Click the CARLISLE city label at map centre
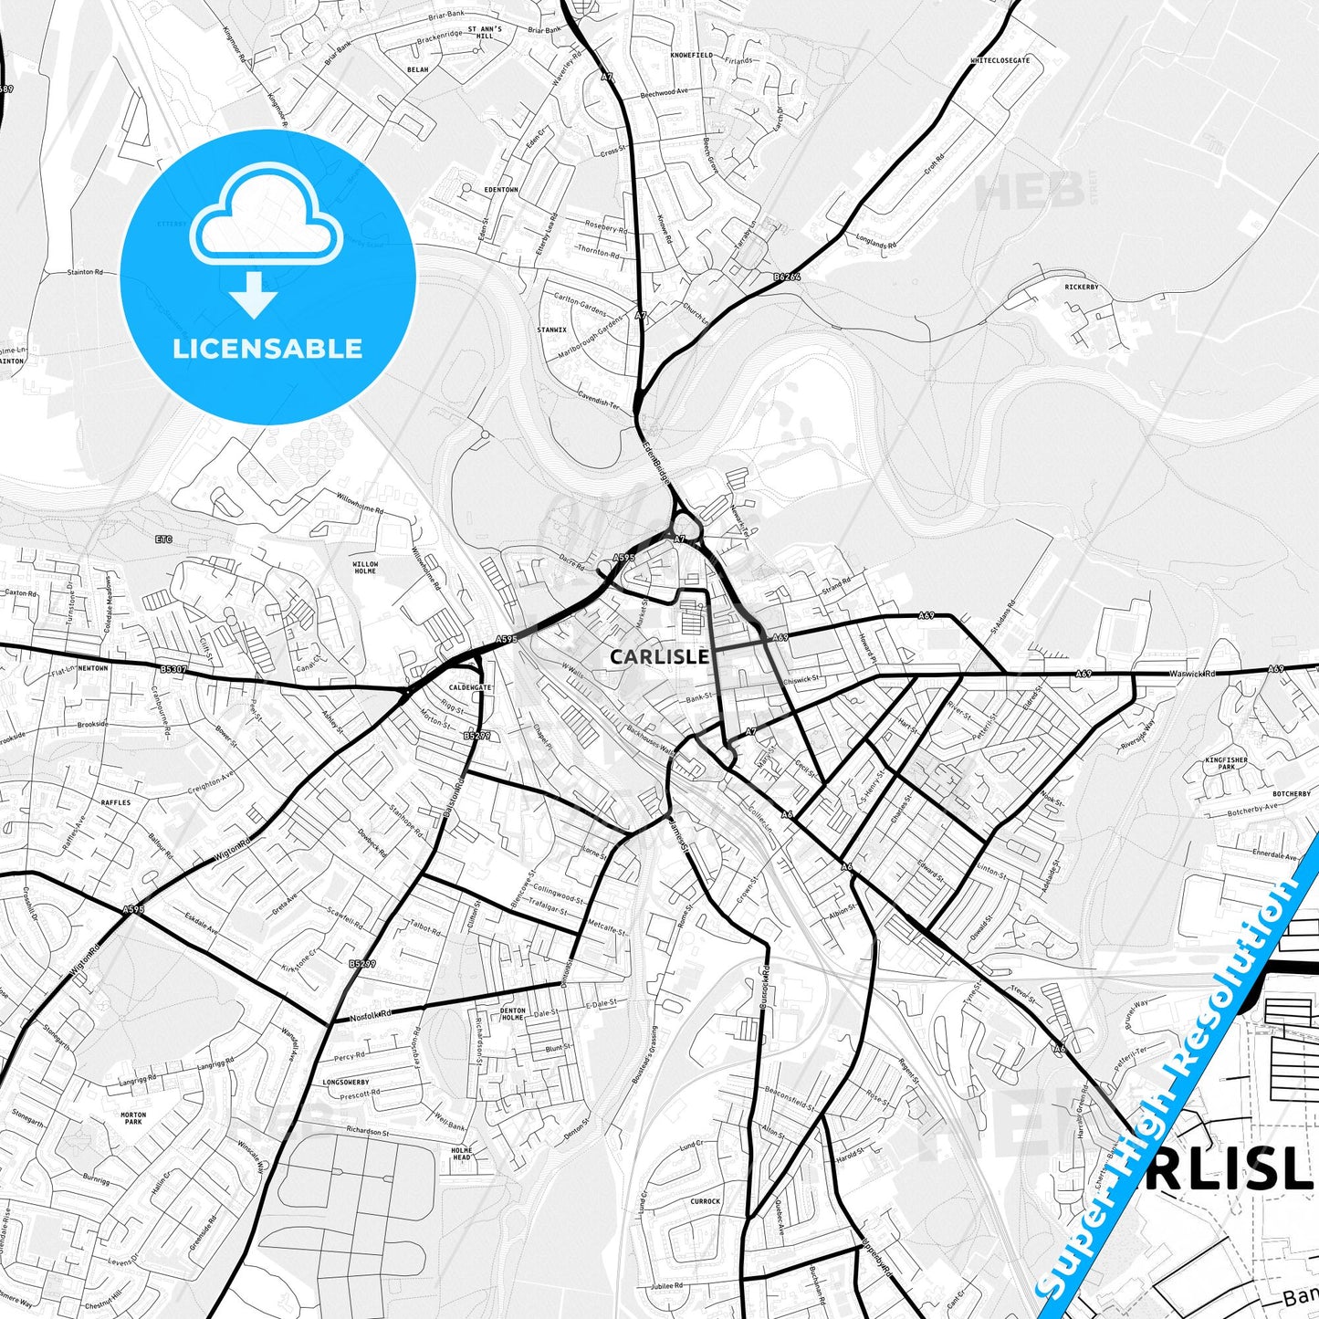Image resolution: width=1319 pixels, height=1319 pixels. point(659,656)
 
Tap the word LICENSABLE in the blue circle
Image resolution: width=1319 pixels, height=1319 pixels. point(267,349)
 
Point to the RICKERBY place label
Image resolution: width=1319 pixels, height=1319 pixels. point(1082,288)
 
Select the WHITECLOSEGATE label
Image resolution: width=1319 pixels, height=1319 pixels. point(1000,60)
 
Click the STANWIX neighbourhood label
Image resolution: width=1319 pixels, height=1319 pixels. point(552,330)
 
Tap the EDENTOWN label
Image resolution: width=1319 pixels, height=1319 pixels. point(500,190)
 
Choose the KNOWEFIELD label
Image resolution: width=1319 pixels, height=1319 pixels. point(691,55)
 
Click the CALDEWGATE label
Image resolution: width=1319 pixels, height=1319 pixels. point(470,687)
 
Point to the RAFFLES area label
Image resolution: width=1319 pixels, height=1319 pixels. point(116,802)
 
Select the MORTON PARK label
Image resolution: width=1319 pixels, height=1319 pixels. point(133,1119)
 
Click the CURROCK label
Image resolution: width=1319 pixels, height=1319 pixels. point(705,1201)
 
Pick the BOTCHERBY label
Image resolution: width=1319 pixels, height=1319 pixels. point(1291,794)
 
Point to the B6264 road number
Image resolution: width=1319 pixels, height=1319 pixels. point(786,276)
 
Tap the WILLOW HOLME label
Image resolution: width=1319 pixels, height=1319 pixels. point(365,568)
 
